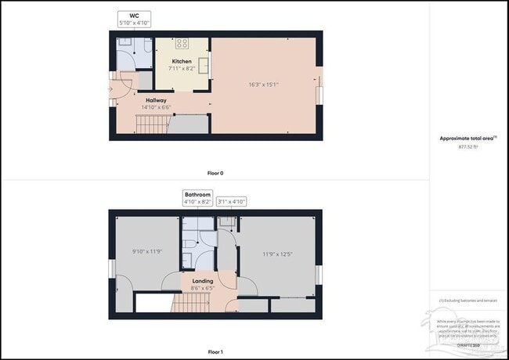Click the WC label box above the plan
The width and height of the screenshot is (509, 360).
133,19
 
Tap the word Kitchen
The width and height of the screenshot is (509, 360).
182,61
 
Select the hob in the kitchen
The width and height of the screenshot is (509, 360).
182,44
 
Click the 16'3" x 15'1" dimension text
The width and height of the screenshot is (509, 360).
263,83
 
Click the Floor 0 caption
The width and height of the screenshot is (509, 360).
215,173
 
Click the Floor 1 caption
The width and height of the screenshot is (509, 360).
215,352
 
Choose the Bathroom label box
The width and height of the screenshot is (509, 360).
197,197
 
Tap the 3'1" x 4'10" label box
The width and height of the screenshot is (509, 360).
231,201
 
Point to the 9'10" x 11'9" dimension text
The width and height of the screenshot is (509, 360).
146,251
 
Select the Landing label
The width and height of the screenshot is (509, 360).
203,280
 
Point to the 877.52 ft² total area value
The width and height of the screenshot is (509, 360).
467,146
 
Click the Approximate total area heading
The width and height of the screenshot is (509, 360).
467,138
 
